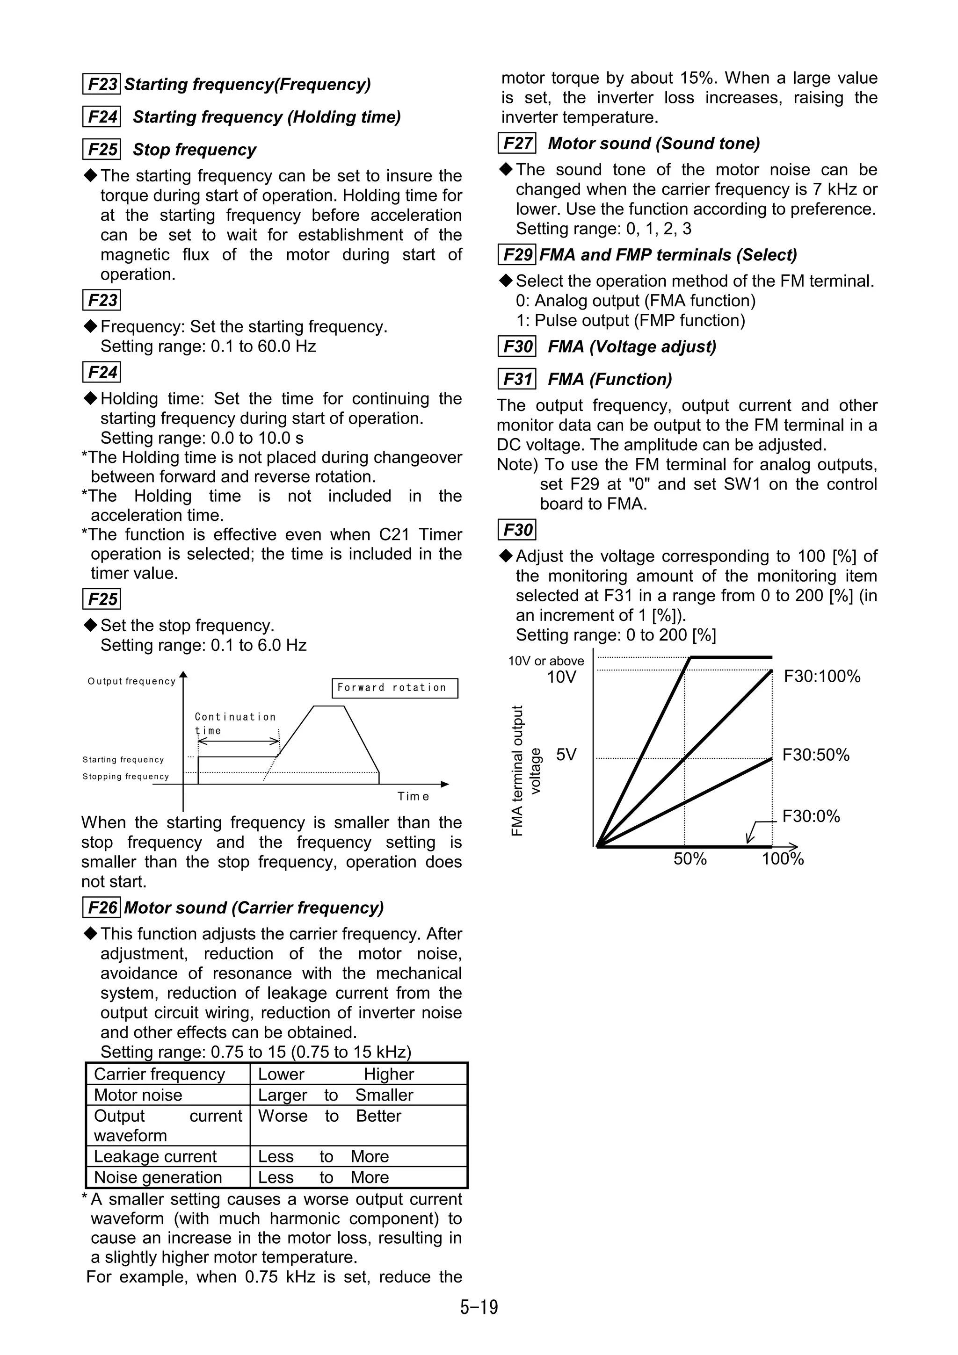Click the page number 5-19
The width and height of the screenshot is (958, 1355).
[479, 1307]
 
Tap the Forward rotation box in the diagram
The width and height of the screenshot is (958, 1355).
[395, 687]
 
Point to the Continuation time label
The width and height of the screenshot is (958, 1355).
[235, 723]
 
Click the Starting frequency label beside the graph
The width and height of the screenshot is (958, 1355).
[123, 759]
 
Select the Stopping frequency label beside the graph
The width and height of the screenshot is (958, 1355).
[126, 777]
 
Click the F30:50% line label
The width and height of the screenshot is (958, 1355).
[816, 755]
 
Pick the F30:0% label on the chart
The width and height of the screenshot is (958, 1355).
[811, 816]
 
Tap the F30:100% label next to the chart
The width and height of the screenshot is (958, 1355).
[822, 676]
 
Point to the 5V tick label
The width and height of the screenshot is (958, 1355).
[566, 755]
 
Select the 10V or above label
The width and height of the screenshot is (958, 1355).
[546, 661]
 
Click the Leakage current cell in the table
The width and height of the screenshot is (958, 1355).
[155, 1156]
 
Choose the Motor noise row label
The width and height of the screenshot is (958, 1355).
[138, 1095]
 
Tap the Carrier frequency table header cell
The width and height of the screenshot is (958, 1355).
[160, 1074]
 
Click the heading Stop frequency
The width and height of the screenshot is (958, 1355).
[194, 150]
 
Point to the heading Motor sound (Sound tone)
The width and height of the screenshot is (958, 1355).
[653, 144]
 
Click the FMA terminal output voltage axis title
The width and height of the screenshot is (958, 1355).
[525, 770]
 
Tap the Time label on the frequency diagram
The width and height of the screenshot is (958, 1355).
[413, 797]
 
